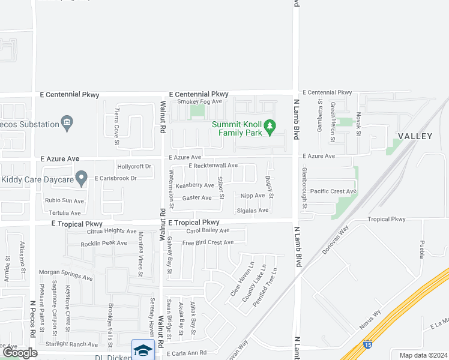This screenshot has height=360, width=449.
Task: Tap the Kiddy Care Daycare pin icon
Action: (82, 178)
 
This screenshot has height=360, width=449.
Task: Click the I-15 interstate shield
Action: (367, 344)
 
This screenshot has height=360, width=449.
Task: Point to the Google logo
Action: (20, 353)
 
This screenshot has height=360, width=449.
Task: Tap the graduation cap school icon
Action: (143, 350)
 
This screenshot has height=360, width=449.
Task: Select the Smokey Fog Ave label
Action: (200, 102)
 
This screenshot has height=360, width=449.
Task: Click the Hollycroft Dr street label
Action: (134, 166)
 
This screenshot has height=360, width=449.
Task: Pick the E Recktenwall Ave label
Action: (213, 166)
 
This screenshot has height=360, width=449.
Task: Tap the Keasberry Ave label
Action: (194, 185)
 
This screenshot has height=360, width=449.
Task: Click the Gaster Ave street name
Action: (197, 197)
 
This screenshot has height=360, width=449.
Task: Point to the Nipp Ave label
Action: (252, 196)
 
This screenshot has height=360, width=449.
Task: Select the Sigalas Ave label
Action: (253, 211)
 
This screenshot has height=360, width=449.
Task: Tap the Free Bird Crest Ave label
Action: (208, 242)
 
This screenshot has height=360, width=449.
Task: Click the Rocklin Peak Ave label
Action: (104, 243)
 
